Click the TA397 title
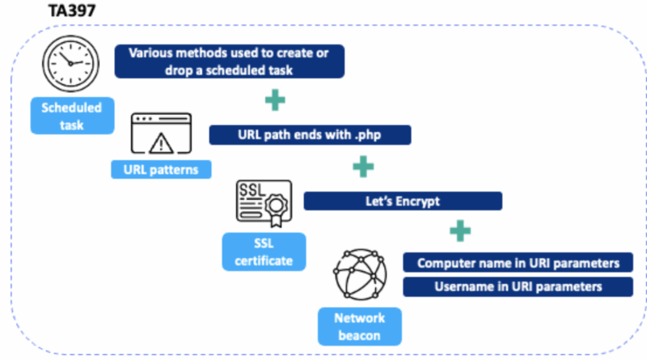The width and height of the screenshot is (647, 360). coord(72,11)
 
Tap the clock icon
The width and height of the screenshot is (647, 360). coord(70,63)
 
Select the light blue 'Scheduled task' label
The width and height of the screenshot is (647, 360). coord(72,116)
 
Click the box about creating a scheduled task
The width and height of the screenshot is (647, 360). coord(230,61)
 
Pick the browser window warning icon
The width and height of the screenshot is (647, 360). coord(161,133)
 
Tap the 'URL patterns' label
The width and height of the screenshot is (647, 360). coord(161,170)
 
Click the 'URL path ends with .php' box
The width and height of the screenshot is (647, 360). coord(310,135)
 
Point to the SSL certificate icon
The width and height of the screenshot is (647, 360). coord(264,203)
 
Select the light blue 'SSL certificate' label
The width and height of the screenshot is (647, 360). coord(264,252)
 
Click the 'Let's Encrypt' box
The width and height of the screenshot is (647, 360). coord(403,201)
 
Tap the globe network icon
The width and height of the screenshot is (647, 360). coord(360,274)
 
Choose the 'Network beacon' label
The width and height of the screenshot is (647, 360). coord(359,327)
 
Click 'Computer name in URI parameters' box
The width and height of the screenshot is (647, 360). coord(518,263)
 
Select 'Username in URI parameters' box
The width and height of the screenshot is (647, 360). coord(518,287)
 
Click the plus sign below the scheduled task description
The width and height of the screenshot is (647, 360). coord(275,100)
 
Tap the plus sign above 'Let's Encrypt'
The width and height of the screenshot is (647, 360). coord(363,167)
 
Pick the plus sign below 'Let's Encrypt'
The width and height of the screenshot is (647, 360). coord(460,231)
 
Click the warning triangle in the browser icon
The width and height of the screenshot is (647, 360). coord(161,143)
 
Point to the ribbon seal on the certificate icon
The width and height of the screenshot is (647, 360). coord(276,210)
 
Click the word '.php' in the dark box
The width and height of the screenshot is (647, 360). coord(368,135)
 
